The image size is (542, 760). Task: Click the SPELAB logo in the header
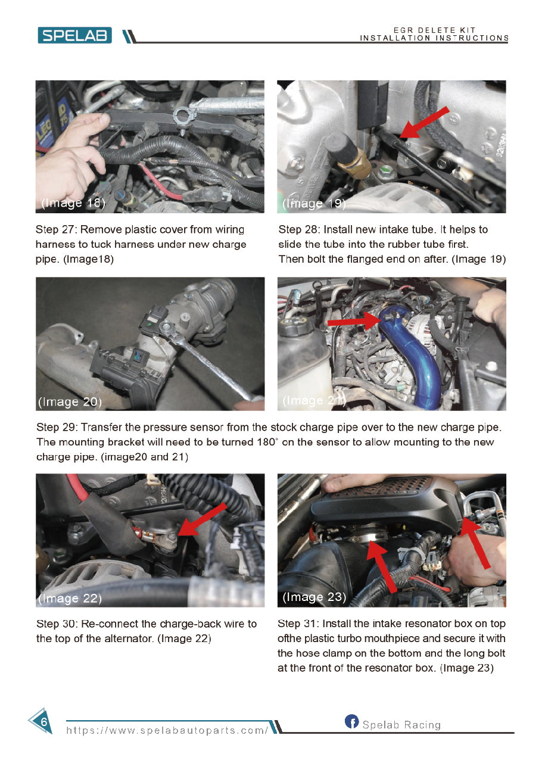tap(74, 35)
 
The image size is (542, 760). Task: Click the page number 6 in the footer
tap(43, 721)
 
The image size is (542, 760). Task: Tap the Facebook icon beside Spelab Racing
tap(351, 722)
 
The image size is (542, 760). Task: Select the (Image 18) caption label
tap(73, 203)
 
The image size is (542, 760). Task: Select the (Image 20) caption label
tap(70, 402)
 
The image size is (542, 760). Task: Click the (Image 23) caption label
tap(314, 597)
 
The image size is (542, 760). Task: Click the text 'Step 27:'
tap(55, 229)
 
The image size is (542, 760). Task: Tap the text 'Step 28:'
tap(298, 229)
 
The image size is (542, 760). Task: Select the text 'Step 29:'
tap(56, 428)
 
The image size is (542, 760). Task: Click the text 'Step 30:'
tap(56, 624)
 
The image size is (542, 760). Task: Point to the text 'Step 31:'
tap(298, 624)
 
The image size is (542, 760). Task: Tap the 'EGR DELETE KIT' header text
tap(434, 30)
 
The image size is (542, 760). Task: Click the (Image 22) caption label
tap(70, 598)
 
